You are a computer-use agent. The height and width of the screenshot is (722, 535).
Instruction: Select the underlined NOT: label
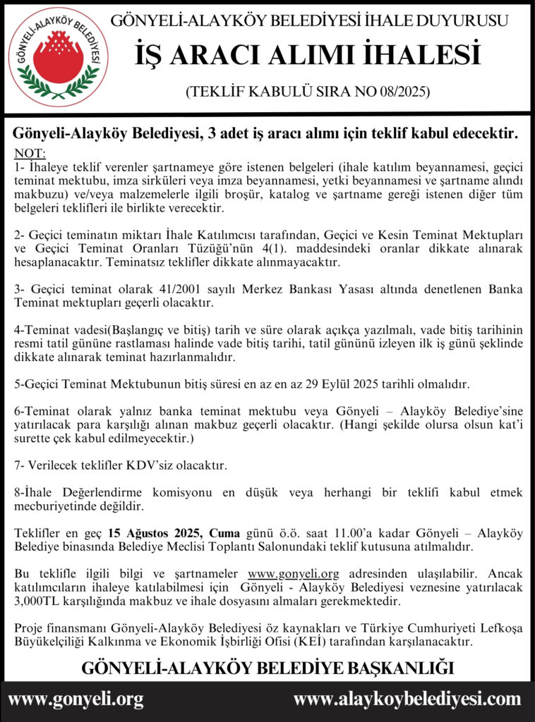(x=30, y=153)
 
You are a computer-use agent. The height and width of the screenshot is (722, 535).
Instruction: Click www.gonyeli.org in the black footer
(x=76, y=700)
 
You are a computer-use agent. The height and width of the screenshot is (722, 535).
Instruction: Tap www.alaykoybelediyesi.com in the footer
(x=407, y=700)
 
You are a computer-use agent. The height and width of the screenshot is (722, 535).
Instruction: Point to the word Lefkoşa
(x=498, y=628)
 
